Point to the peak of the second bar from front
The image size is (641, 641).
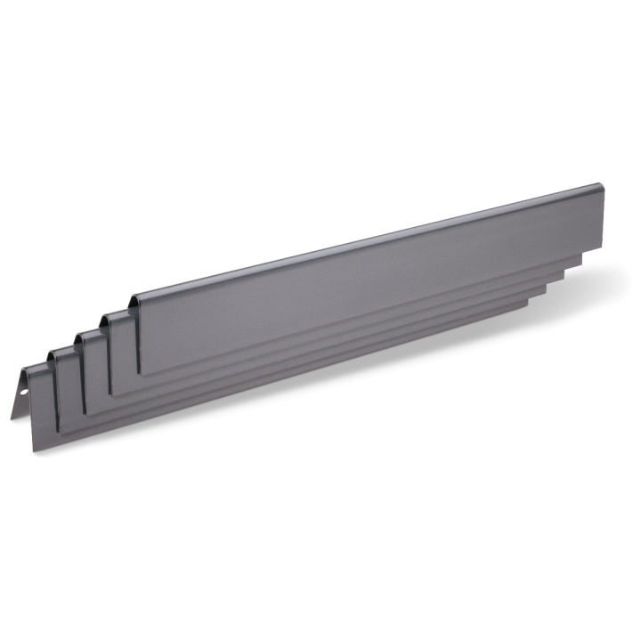coord(53,350)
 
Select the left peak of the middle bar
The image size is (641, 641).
coord(80,332)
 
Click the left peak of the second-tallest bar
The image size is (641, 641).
coord(106,314)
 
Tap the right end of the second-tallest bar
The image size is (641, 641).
coord(581,257)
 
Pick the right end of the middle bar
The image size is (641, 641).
coord(563,277)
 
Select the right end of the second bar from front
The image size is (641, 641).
coord(545,292)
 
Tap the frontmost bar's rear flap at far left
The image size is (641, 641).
coord(17,397)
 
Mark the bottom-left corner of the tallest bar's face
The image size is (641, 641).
coord(140,373)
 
